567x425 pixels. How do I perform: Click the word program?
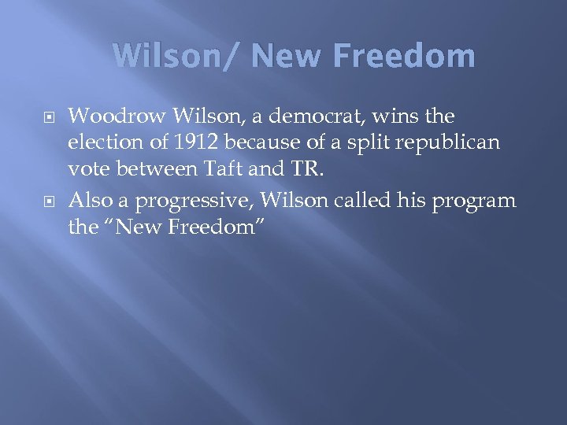(x=476, y=201)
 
